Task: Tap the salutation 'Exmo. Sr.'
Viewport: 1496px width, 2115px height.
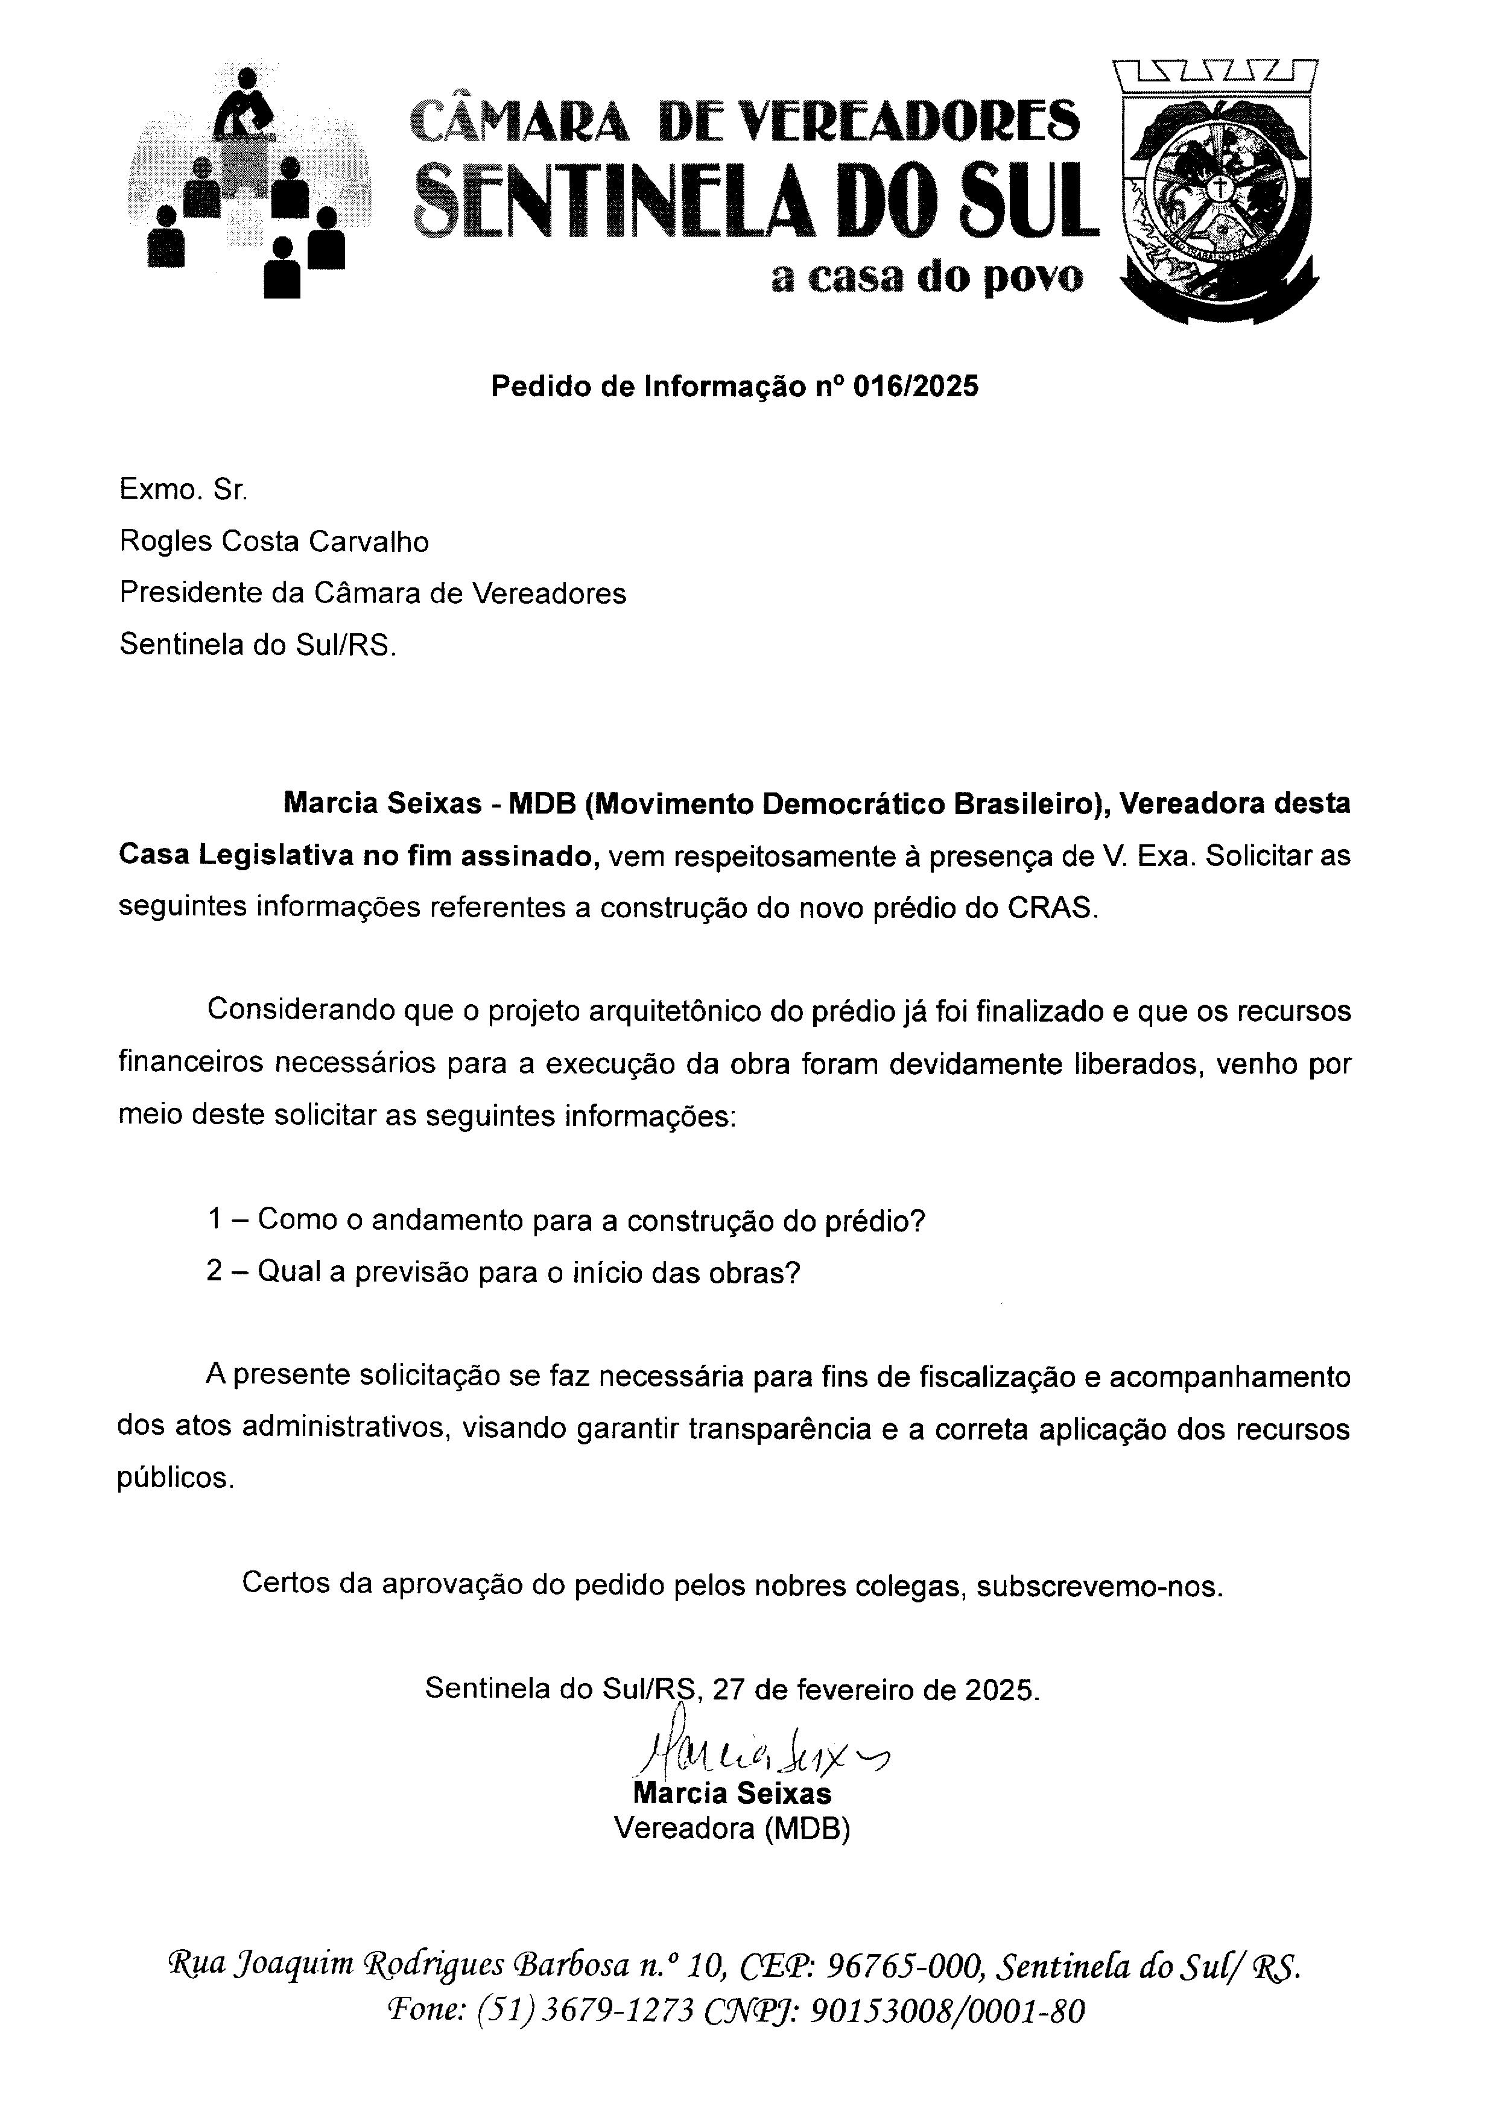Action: [x=183, y=490]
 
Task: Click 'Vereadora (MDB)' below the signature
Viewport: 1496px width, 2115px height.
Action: [x=732, y=1827]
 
